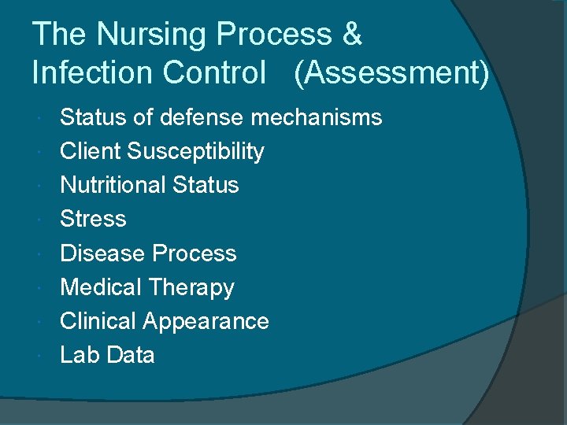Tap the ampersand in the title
[x=353, y=35]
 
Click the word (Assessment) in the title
[x=391, y=73]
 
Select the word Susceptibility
[x=196, y=152]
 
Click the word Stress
[x=93, y=219]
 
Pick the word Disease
[x=103, y=253]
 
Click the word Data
[x=130, y=355]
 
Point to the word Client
[x=91, y=151]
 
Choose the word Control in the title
[x=214, y=72]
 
